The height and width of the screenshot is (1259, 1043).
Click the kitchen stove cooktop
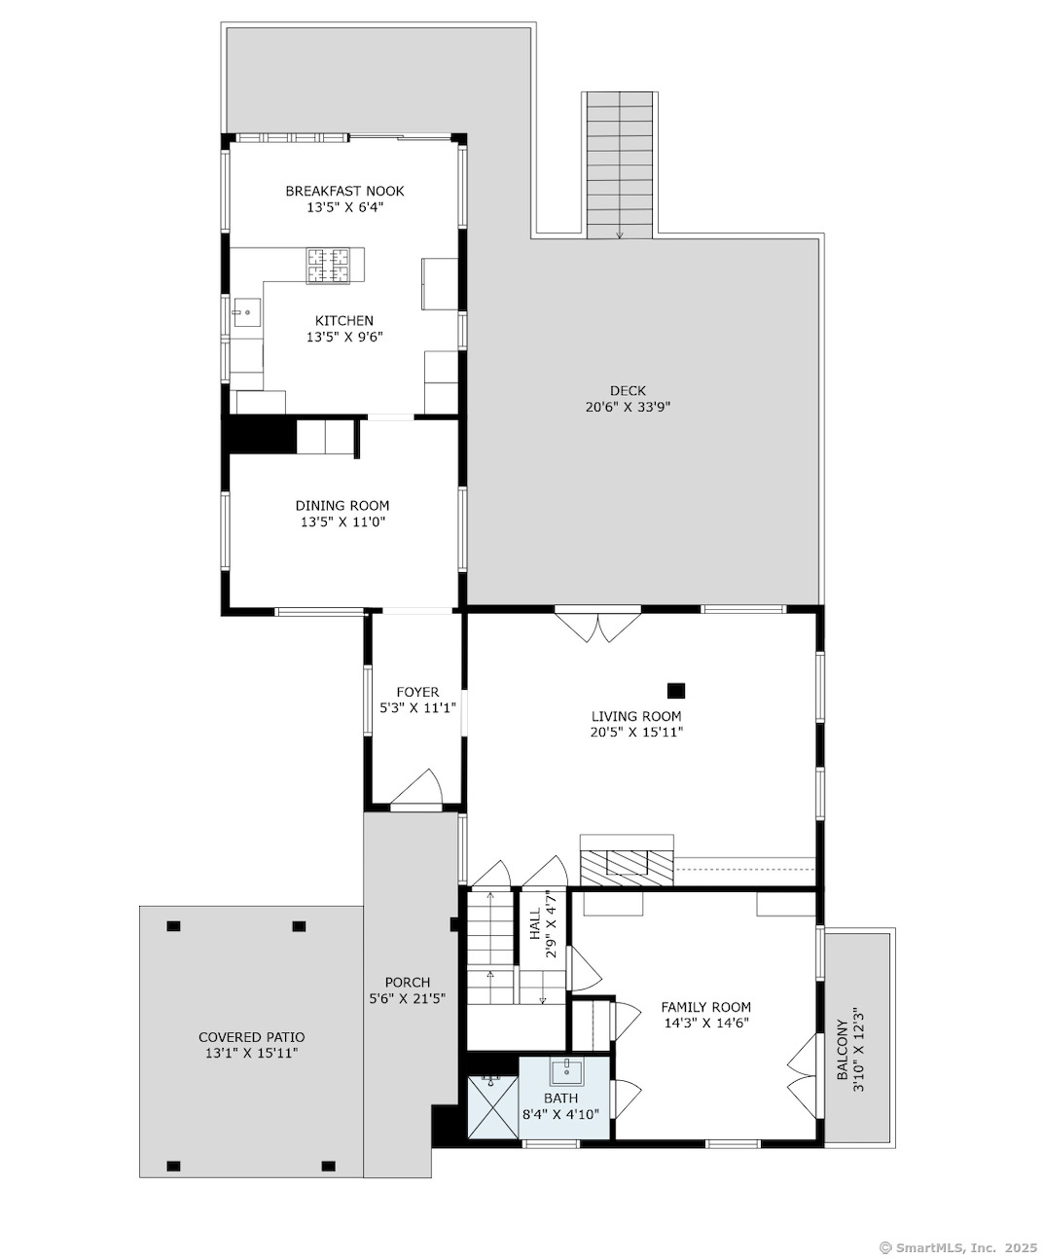point(328,266)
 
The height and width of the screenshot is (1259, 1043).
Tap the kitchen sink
point(245,312)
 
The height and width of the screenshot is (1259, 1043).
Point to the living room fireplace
point(627,860)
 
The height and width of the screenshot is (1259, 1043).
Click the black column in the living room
point(676,691)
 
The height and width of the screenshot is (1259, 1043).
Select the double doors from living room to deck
point(597,628)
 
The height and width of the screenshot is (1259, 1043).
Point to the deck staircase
point(619,165)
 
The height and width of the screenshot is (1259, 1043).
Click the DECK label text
point(628,391)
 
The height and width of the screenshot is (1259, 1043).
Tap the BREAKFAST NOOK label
point(344,191)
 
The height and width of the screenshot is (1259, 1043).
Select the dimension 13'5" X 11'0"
point(343,522)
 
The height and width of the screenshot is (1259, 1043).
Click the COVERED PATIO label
point(251,1037)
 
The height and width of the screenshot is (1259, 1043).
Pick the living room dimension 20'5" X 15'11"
point(636,732)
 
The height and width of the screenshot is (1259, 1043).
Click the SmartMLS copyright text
point(959,1248)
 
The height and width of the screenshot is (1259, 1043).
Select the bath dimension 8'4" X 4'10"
point(560,1114)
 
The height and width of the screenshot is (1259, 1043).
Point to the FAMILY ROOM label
point(706,1007)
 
